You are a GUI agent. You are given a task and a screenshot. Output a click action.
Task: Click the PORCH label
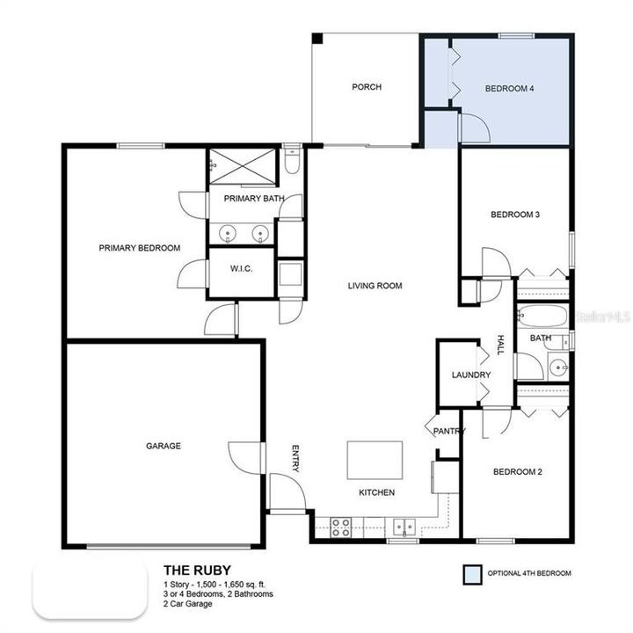pos(366,87)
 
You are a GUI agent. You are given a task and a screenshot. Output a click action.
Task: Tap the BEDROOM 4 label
pos(510,88)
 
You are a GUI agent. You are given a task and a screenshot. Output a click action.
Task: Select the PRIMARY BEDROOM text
pos(139,248)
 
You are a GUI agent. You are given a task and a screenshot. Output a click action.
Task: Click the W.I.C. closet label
pos(240,268)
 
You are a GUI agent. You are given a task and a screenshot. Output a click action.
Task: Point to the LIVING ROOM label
pos(375,285)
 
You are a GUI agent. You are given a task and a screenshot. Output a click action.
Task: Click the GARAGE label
pos(163,446)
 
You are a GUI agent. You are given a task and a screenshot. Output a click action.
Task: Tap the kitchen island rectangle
pos(375,459)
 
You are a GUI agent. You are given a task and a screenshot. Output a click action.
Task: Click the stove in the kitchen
pos(340,527)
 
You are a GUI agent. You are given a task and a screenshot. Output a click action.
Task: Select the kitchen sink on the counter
pos(404,527)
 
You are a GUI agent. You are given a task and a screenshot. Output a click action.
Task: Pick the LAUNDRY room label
pos(470,375)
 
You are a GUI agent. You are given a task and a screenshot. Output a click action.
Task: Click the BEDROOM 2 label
pos(517,472)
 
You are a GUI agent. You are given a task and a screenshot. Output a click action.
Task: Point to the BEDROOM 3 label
pos(514,214)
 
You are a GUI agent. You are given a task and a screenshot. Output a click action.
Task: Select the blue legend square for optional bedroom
pos(474,574)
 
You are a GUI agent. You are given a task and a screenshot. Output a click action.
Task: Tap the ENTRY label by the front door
pos(295,458)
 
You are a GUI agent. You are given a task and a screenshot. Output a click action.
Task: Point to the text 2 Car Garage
pos(187,605)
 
